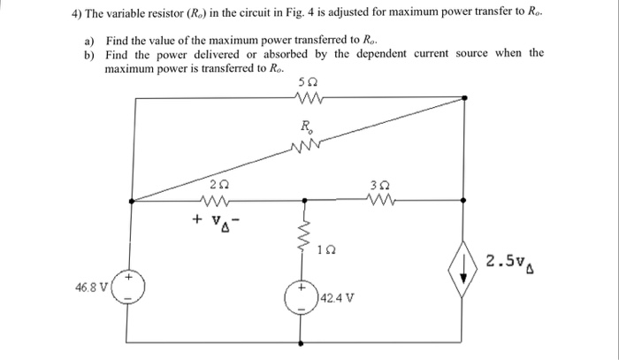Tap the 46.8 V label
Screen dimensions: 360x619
click(x=92, y=287)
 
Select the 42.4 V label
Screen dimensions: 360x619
click(x=339, y=297)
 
